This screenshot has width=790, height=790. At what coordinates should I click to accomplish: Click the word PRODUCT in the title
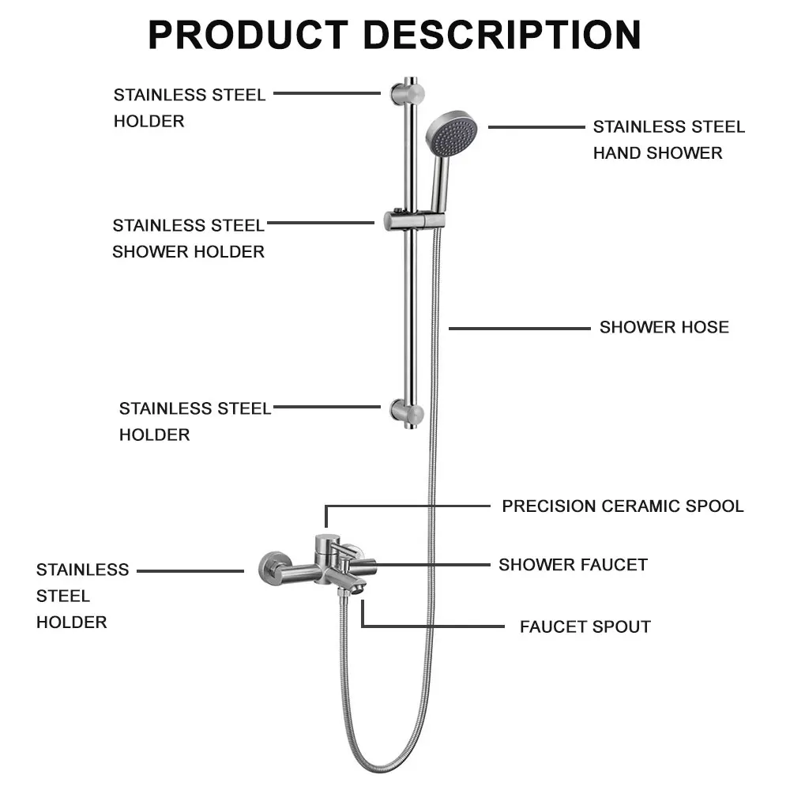(x=247, y=35)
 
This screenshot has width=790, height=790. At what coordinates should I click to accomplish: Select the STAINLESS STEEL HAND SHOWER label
(x=668, y=140)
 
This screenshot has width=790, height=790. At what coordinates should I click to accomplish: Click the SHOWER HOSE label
(x=664, y=327)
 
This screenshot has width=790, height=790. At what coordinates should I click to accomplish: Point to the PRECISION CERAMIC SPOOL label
(x=623, y=506)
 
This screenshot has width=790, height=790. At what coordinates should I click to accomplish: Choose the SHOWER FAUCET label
(x=573, y=565)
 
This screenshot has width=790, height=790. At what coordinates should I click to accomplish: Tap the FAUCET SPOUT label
(x=585, y=627)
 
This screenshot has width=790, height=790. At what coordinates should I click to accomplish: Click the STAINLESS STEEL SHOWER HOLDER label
(x=189, y=238)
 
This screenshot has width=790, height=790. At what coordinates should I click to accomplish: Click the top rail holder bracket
(x=406, y=92)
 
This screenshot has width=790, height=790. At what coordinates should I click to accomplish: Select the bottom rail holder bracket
(x=407, y=412)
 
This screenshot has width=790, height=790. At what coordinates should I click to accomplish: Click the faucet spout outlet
(x=359, y=589)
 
